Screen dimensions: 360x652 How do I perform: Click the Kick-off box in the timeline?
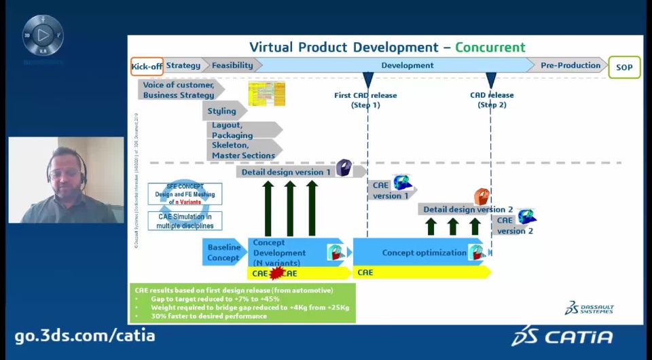point(147,66)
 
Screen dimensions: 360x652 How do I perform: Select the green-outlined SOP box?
point(624,67)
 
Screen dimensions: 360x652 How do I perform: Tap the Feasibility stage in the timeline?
point(232,66)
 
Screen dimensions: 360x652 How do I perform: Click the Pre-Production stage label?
point(570,66)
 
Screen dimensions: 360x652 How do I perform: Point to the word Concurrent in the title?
point(490,48)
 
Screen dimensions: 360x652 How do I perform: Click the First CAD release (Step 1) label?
point(365,100)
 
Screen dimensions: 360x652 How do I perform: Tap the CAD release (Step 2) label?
point(492,100)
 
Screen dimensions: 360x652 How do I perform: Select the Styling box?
point(222,111)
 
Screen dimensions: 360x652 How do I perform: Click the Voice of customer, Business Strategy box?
point(179,90)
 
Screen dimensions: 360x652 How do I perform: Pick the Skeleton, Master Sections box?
point(243,150)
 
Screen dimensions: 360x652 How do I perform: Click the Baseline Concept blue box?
point(223,253)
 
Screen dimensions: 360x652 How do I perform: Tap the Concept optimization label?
point(414,253)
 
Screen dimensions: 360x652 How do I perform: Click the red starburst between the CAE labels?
point(276,273)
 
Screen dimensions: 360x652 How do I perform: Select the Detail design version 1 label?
point(285,173)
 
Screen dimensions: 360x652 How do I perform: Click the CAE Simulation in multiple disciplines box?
point(185,221)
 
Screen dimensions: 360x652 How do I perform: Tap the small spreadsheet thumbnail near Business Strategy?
point(266,94)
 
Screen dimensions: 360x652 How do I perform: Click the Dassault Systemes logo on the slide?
point(589,308)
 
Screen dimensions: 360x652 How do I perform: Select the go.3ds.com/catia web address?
point(85,336)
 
